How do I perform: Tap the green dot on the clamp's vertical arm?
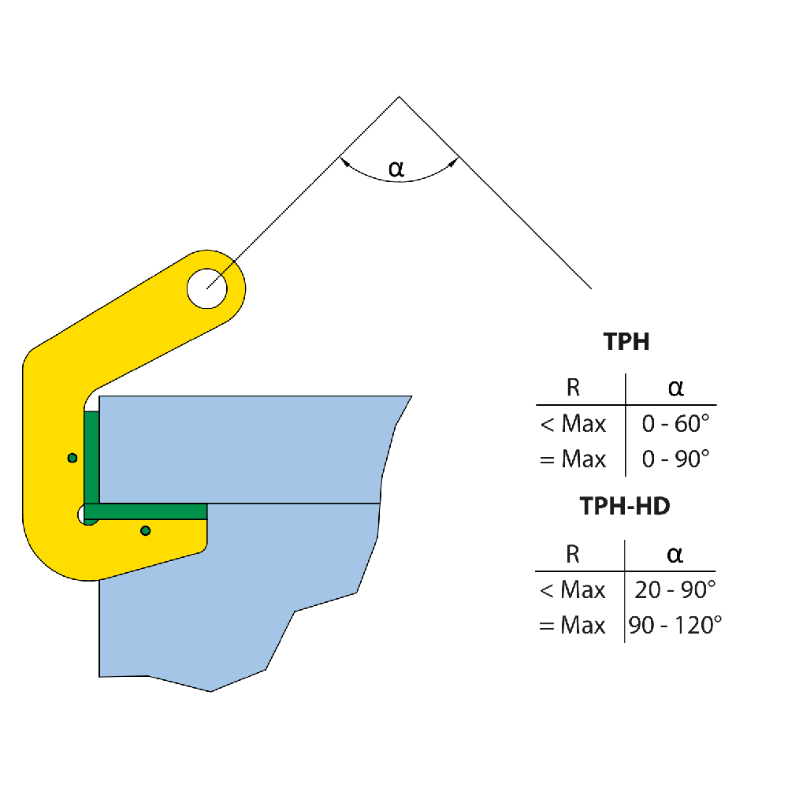(x=72, y=458)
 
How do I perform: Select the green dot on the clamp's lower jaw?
(x=145, y=530)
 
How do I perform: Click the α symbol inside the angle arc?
(x=396, y=168)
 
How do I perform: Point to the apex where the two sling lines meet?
(x=399, y=97)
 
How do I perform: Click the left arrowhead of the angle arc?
(x=344, y=162)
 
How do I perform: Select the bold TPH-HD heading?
(x=625, y=506)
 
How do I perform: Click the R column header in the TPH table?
(x=574, y=388)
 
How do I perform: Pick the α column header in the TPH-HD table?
(x=675, y=554)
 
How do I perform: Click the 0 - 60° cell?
(x=676, y=424)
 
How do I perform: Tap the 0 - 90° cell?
(x=676, y=459)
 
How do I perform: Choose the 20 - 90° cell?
(x=675, y=589)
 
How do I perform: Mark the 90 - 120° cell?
(x=675, y=626)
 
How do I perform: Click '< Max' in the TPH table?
(x=573, y=424)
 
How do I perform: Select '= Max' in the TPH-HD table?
(x=572, y=626)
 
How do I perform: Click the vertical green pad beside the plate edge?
(x=91, y=457)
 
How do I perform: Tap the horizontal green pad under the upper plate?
(x=146, y=511)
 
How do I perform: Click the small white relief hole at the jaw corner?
(x=83, y=515)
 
